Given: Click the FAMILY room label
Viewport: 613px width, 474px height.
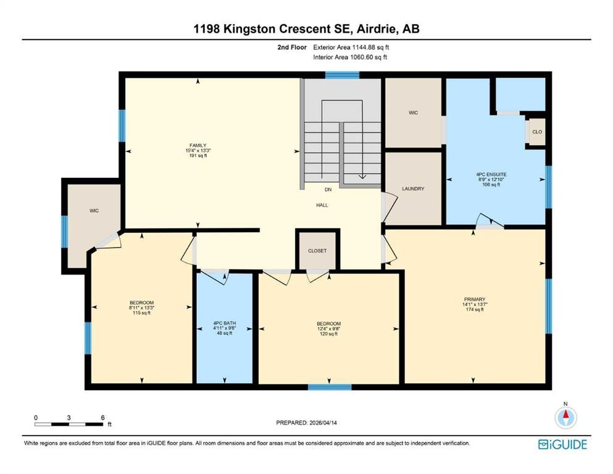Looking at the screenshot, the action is (x=198, y=146).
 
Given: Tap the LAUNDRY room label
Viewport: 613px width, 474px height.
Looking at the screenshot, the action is (x=413, y=189).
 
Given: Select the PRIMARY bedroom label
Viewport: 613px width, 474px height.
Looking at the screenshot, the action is (x=475, y=299).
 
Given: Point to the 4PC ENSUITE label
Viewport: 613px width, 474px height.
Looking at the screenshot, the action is (x=491, y=175).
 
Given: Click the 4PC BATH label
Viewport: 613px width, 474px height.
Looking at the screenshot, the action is (x=225, y=323).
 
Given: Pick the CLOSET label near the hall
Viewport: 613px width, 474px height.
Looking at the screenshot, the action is (x=317, y=251).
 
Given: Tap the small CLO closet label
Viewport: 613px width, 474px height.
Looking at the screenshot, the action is (x=537, y=132).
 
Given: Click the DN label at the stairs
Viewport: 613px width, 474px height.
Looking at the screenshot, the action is (x=328, y=189).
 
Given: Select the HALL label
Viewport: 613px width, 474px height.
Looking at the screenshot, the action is (x=322, y=205).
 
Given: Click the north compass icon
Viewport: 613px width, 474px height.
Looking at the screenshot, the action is (x=565, y=417).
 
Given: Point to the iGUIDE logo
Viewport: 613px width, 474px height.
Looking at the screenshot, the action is (x=562, y=445).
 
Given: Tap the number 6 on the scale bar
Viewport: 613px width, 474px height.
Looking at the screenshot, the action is (x=103, y=418).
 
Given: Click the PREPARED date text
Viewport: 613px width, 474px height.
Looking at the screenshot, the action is (x=306, y=423).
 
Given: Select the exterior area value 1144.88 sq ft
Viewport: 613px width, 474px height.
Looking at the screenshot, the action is (x=370, y=48).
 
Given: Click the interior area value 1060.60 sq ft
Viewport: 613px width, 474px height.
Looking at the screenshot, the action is (x=369, y=57).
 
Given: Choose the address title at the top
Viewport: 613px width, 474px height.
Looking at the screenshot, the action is (x=306, y=29).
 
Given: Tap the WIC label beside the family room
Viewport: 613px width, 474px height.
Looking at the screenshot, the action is (x=94, y=210).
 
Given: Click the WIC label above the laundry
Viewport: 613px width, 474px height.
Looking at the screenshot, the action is (x=413, y=113).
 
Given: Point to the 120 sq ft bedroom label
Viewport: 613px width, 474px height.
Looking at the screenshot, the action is (x=329, y=334).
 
